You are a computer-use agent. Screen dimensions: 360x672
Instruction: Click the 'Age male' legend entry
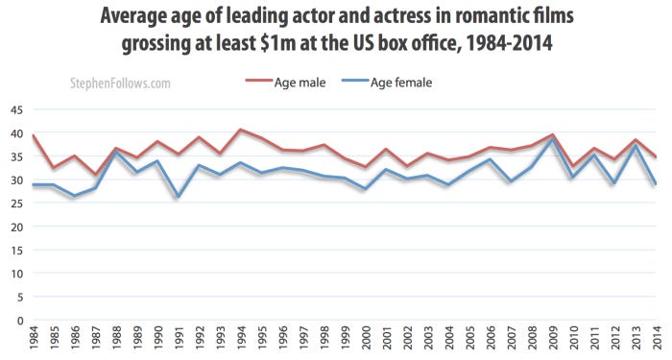coord(300,83)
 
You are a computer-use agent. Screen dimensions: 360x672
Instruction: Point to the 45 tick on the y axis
coord(16,109)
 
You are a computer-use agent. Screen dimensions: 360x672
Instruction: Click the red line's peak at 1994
coord(240,130)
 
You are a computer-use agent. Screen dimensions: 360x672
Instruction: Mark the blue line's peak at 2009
coord(551,140)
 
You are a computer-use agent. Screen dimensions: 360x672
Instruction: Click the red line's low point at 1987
coord(96,175)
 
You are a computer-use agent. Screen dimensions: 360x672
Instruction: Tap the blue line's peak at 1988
coord(116,153)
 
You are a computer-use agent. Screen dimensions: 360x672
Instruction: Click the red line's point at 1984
coord(35,135)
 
